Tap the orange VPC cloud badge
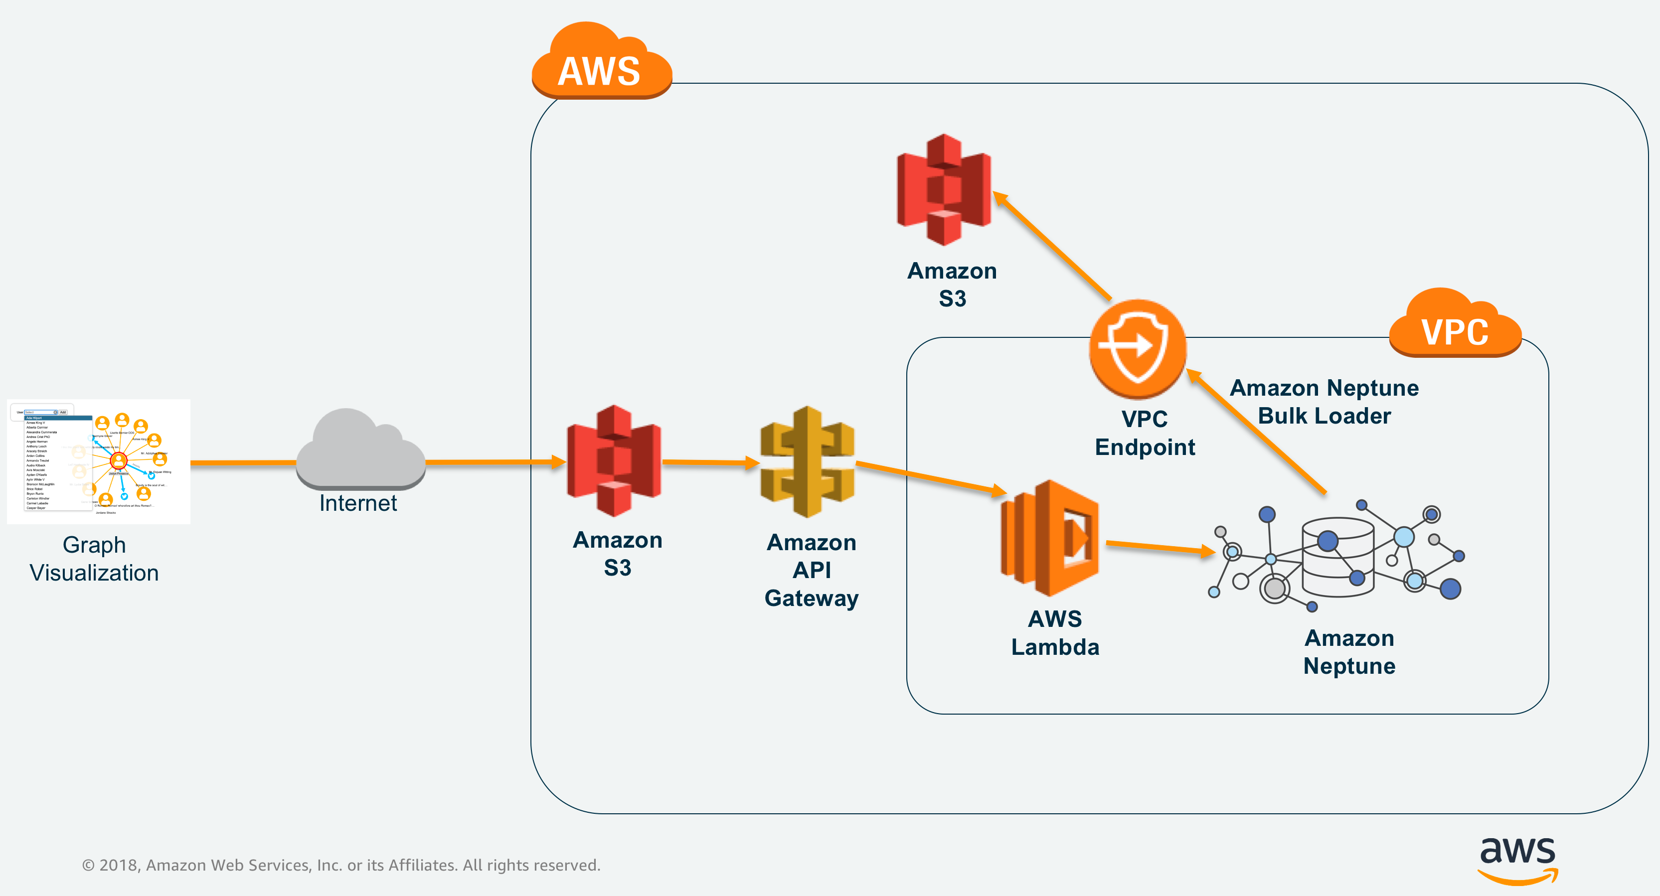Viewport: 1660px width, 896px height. [x=1455, y=325]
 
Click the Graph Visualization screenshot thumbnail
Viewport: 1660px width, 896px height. [x=99, y=461]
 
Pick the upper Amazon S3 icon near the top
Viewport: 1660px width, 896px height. [x=944, y=189]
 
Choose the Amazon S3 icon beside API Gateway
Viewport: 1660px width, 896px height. [x=614, y=460]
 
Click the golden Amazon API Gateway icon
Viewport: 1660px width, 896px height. [x=808, y=461]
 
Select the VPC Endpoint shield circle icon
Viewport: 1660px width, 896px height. [x=1138, y=348]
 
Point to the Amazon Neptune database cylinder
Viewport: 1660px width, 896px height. [x=1338, y=557]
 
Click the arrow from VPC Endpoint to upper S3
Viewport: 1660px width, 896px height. [x=1053, y=247]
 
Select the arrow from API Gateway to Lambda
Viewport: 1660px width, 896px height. [x=931, y=477]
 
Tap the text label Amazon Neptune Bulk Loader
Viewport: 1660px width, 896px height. [x=1325, y=402]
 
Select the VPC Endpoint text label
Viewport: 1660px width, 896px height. [x=1145, y=433]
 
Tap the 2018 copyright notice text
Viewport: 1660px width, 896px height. [x=341, y=865]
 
